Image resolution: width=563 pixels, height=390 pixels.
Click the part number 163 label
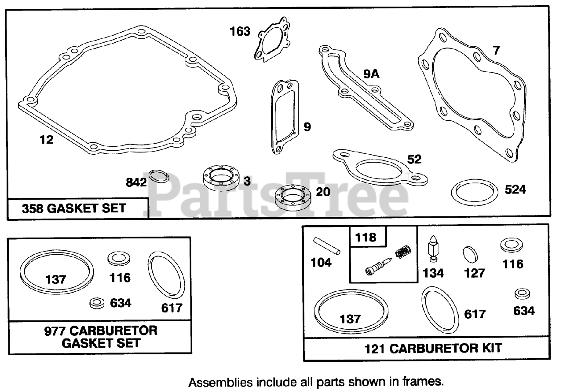coord(240,32)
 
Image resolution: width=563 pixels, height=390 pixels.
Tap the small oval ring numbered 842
coord(159,176)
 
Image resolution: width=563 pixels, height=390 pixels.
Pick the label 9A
coord(371,74)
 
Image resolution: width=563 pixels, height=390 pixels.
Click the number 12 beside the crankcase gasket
coord(46,140)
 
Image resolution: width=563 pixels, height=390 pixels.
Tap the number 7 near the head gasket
coord(496,50)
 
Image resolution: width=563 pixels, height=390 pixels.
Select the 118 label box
coord(366,237)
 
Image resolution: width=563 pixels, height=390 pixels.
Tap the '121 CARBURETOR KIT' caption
coord(432,348)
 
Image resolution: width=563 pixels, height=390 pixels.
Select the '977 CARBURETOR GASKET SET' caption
coord(101,336)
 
